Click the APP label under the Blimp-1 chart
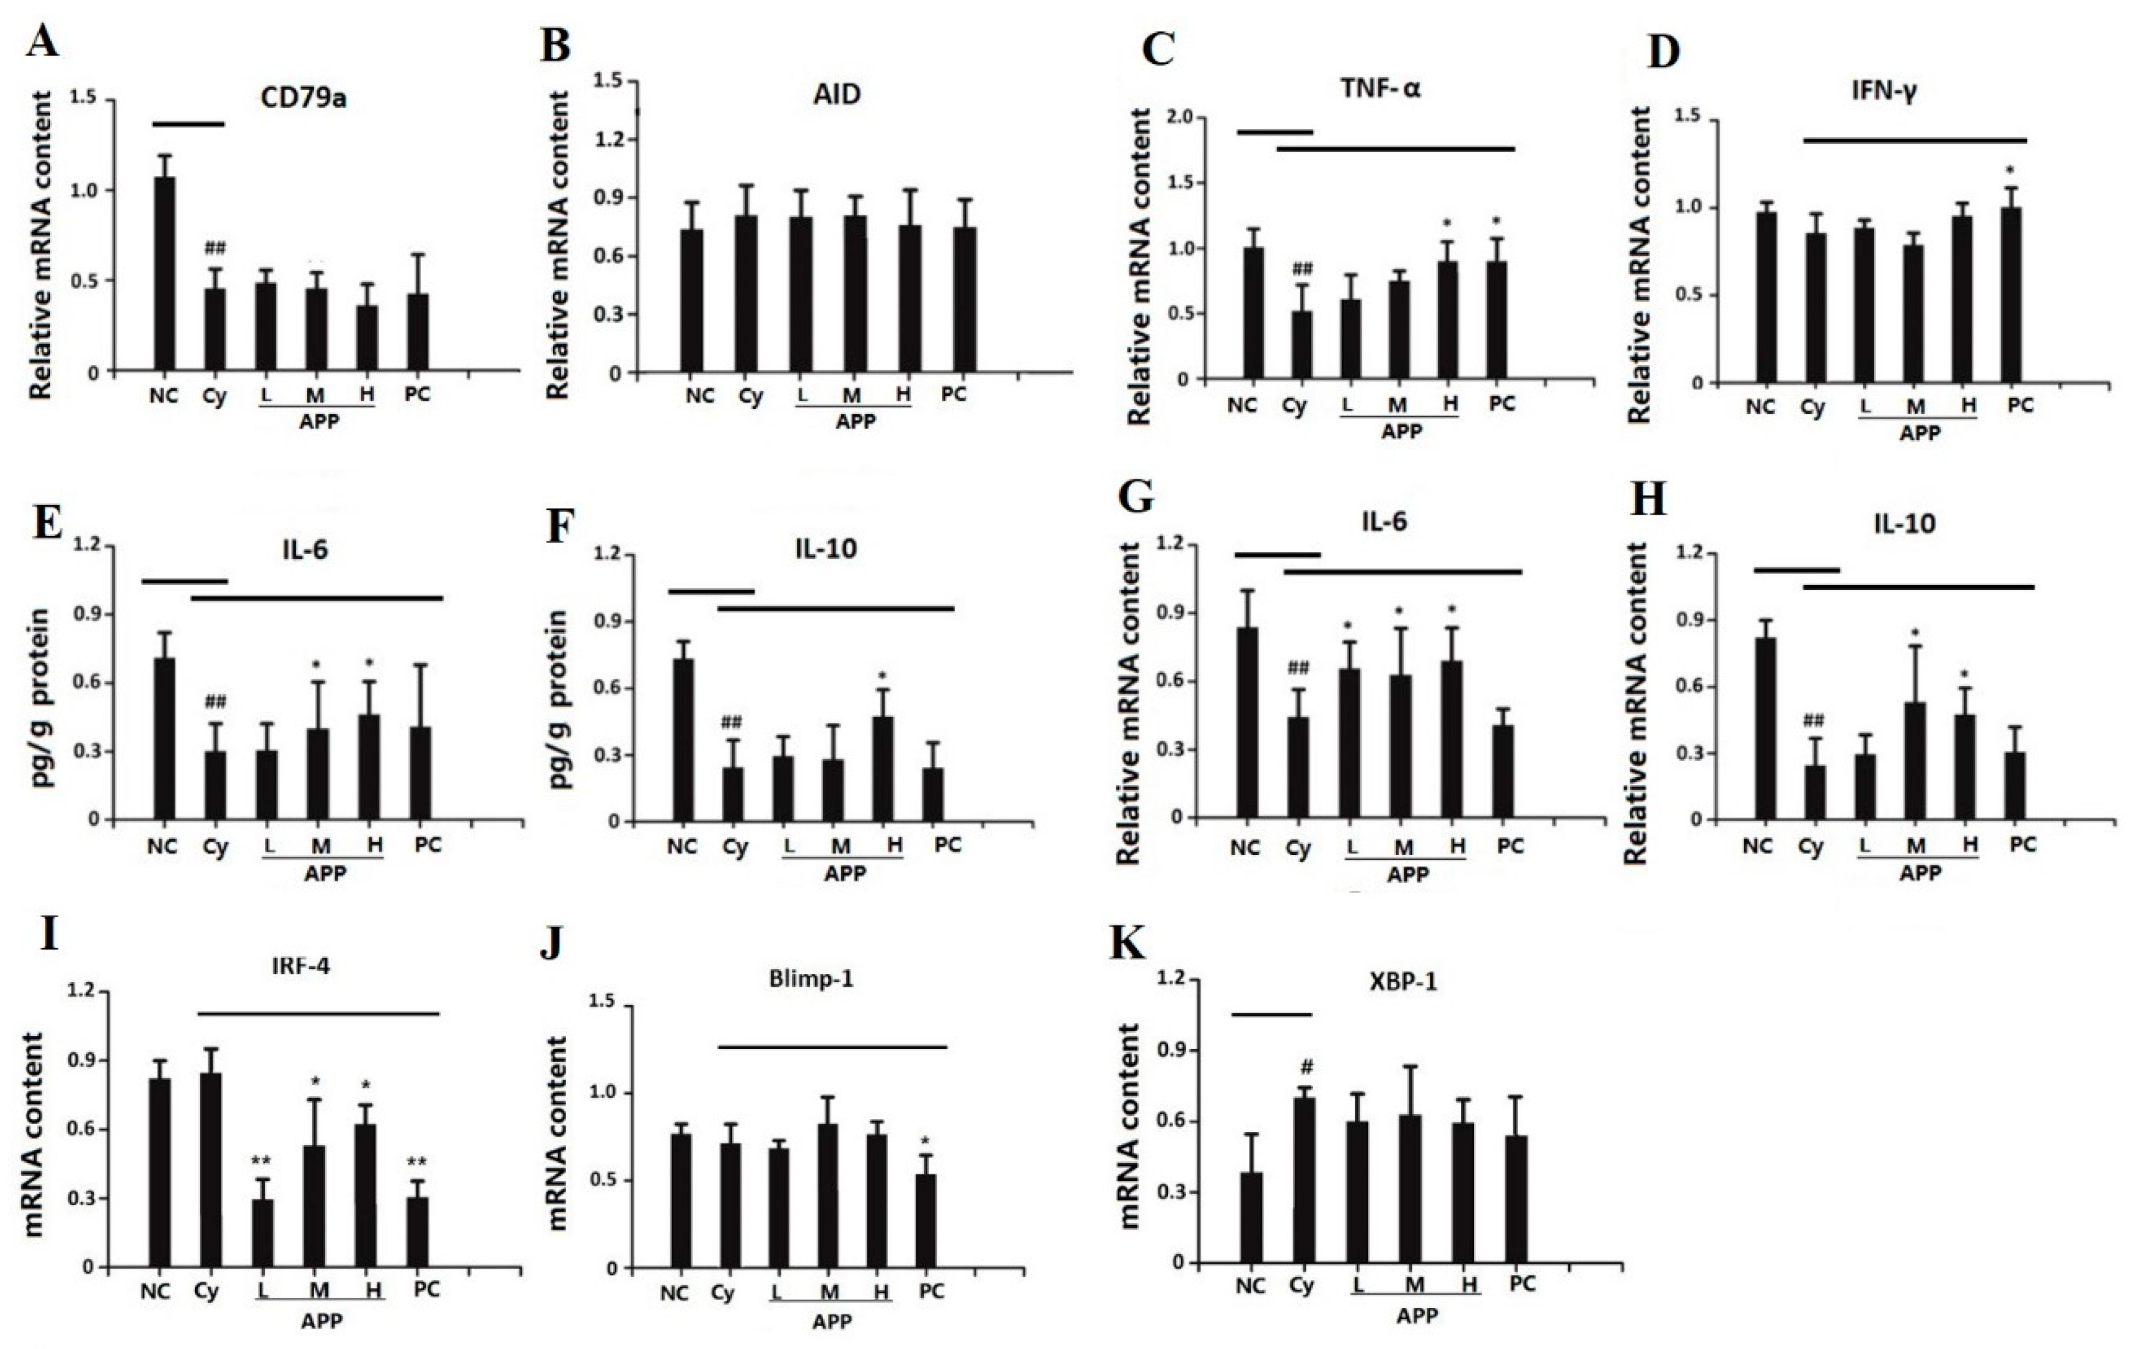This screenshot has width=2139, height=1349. point(832,1322)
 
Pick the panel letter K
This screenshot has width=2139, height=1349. point(1127,946)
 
